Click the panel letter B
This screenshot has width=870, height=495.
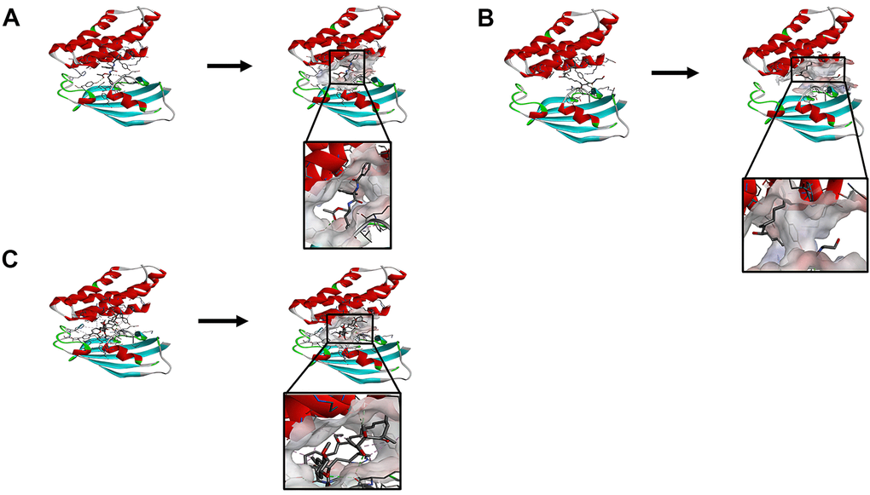tap(485, 18)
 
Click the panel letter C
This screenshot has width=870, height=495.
tap(10, 259)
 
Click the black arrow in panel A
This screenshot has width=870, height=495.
tap(229, 66)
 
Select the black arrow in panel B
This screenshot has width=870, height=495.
tap(675, 72)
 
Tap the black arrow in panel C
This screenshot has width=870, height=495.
tap(223, 321)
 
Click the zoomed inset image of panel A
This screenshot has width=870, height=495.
tap(347, 195)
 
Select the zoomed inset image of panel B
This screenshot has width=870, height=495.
tap(804, 224)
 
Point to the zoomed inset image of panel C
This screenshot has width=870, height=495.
tap(342, 441)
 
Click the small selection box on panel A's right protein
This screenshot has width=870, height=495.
tap(347, 67)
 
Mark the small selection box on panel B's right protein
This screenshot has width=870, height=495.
tap(818, 69)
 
